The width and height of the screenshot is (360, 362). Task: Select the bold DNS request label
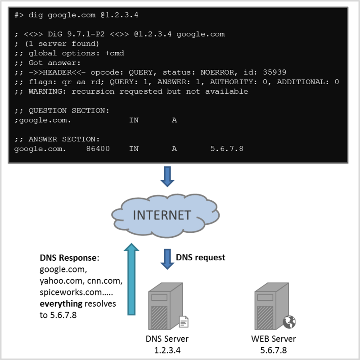(200, 258)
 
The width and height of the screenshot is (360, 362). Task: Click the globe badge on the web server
(288, 321)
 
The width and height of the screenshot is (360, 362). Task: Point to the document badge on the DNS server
(184, 321)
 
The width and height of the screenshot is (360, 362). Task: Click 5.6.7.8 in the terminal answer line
(226, 148)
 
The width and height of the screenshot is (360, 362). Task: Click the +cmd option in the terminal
(115, 53)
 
